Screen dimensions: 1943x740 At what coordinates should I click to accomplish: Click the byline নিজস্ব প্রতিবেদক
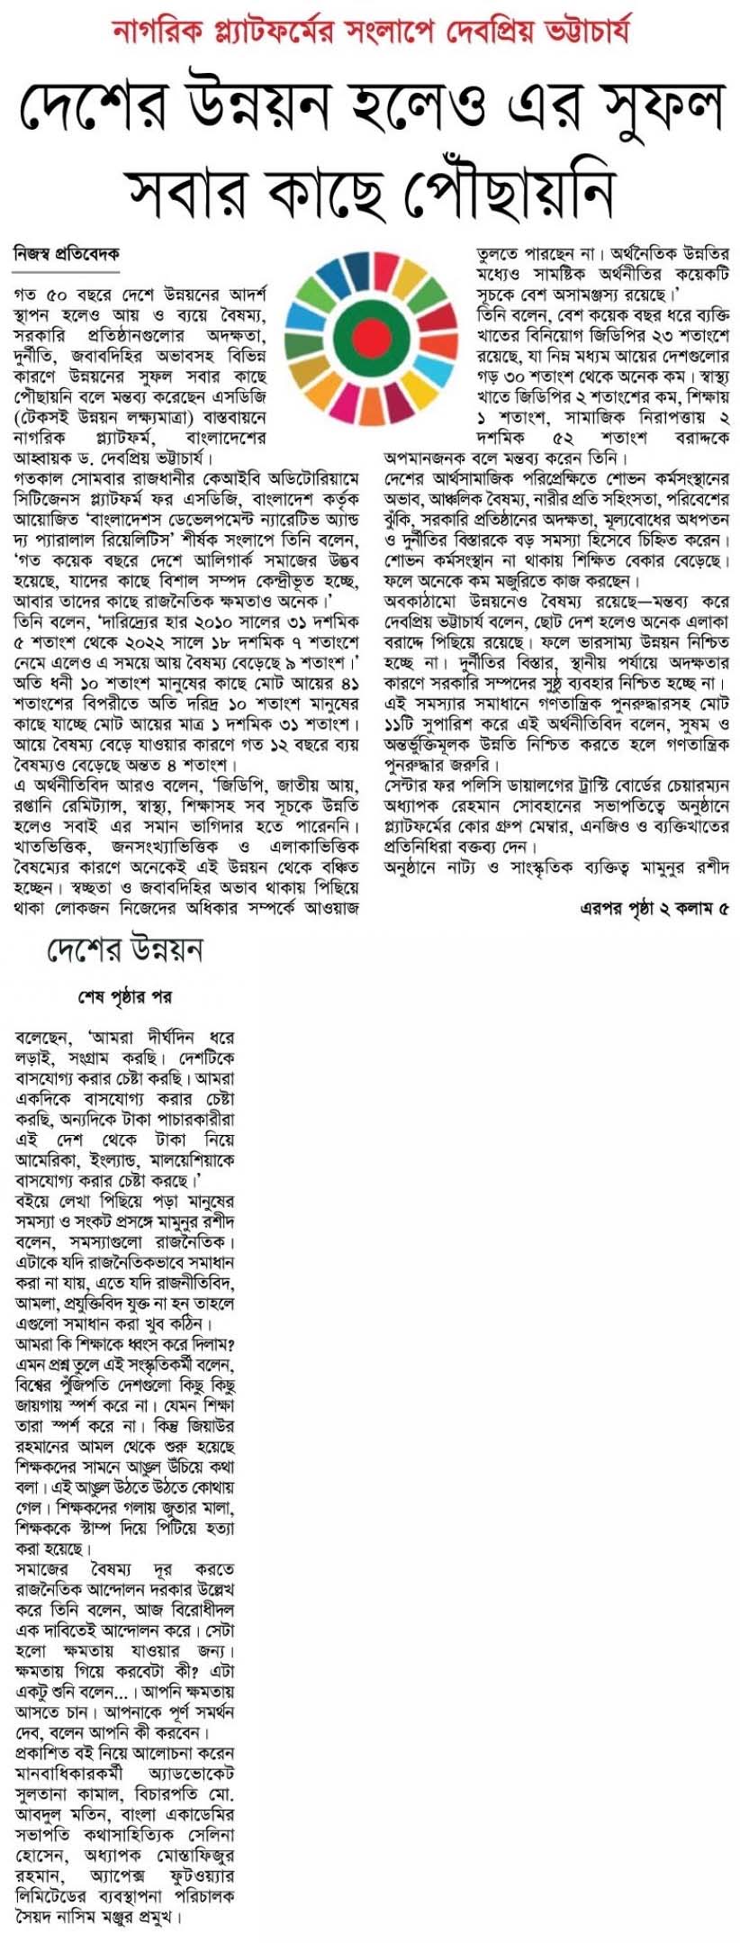(67, 255)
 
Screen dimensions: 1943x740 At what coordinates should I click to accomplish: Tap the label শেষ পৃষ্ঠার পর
(125, 997)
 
